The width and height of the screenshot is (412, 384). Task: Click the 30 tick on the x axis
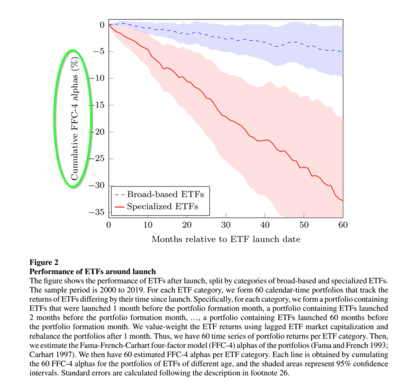225,225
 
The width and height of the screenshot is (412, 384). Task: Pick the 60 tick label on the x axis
342,225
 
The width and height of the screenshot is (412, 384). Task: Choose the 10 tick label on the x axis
147,225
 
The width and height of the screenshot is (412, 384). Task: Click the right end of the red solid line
342,200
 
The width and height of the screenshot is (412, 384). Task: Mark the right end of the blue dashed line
342,51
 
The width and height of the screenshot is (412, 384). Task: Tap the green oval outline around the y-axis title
56,118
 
